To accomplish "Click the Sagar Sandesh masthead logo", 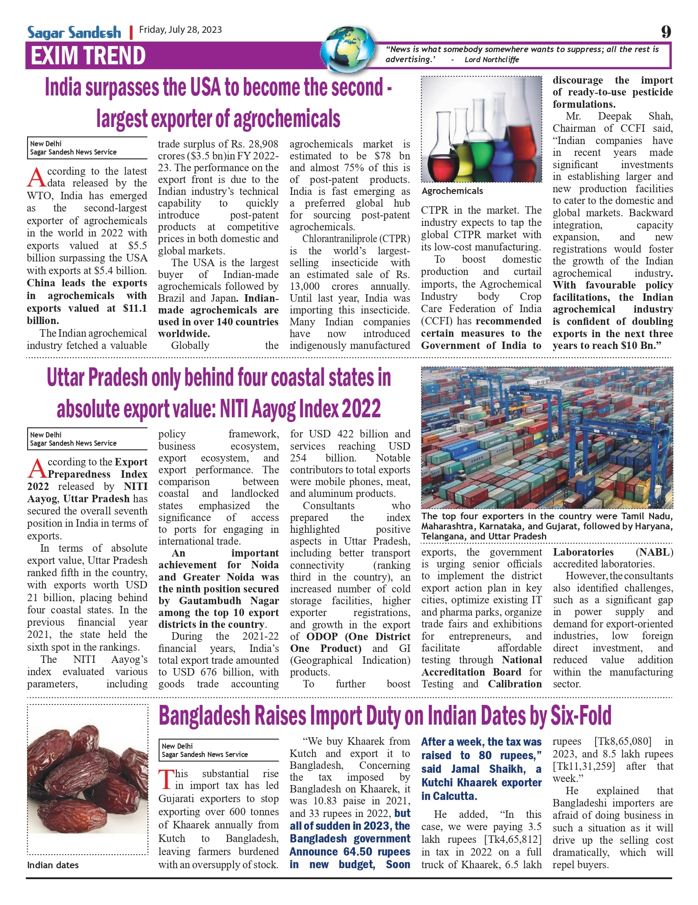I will [74, 32].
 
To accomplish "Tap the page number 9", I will [666, 32].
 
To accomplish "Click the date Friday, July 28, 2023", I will [180, 30].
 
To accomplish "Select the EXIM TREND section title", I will [88, 56].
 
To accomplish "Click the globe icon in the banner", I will [348, 48].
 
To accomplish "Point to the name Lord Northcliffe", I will [491, 60].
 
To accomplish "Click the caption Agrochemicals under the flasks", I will [452, 191].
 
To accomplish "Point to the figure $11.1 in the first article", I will [135, 308].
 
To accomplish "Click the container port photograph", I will [547, 437].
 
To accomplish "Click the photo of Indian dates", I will [88, 779].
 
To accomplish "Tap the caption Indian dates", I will [53, 865].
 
